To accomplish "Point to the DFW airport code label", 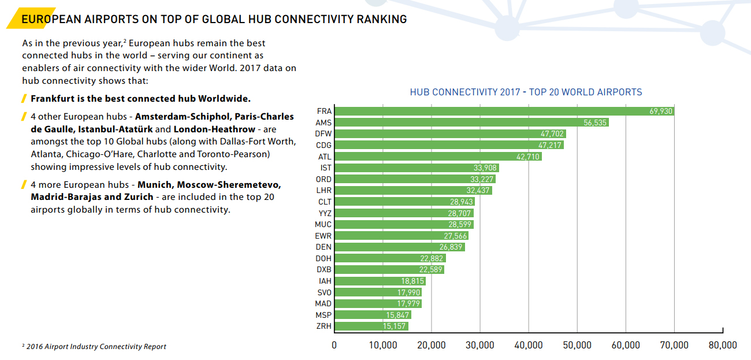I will click(x=324, y=134).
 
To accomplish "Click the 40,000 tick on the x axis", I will click(x=528, y=345).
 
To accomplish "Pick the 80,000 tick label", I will click(x=722, y=345).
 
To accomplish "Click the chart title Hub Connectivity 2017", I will click(x=526, y=92).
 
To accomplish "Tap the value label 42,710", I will click(x=527, y=157).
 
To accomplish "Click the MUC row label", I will click(x=324, y=224).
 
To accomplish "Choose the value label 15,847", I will click(x=397, y=315).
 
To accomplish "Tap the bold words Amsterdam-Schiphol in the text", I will click(x=182, y=117).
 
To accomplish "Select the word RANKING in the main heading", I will click(x=382, y=19).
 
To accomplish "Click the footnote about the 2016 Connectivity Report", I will click(x=96, y=347).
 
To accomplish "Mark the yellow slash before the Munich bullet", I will click(x=24, y=185).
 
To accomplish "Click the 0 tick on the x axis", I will click(x=334, y=345).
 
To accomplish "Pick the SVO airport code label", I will click(x=324, y=292).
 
